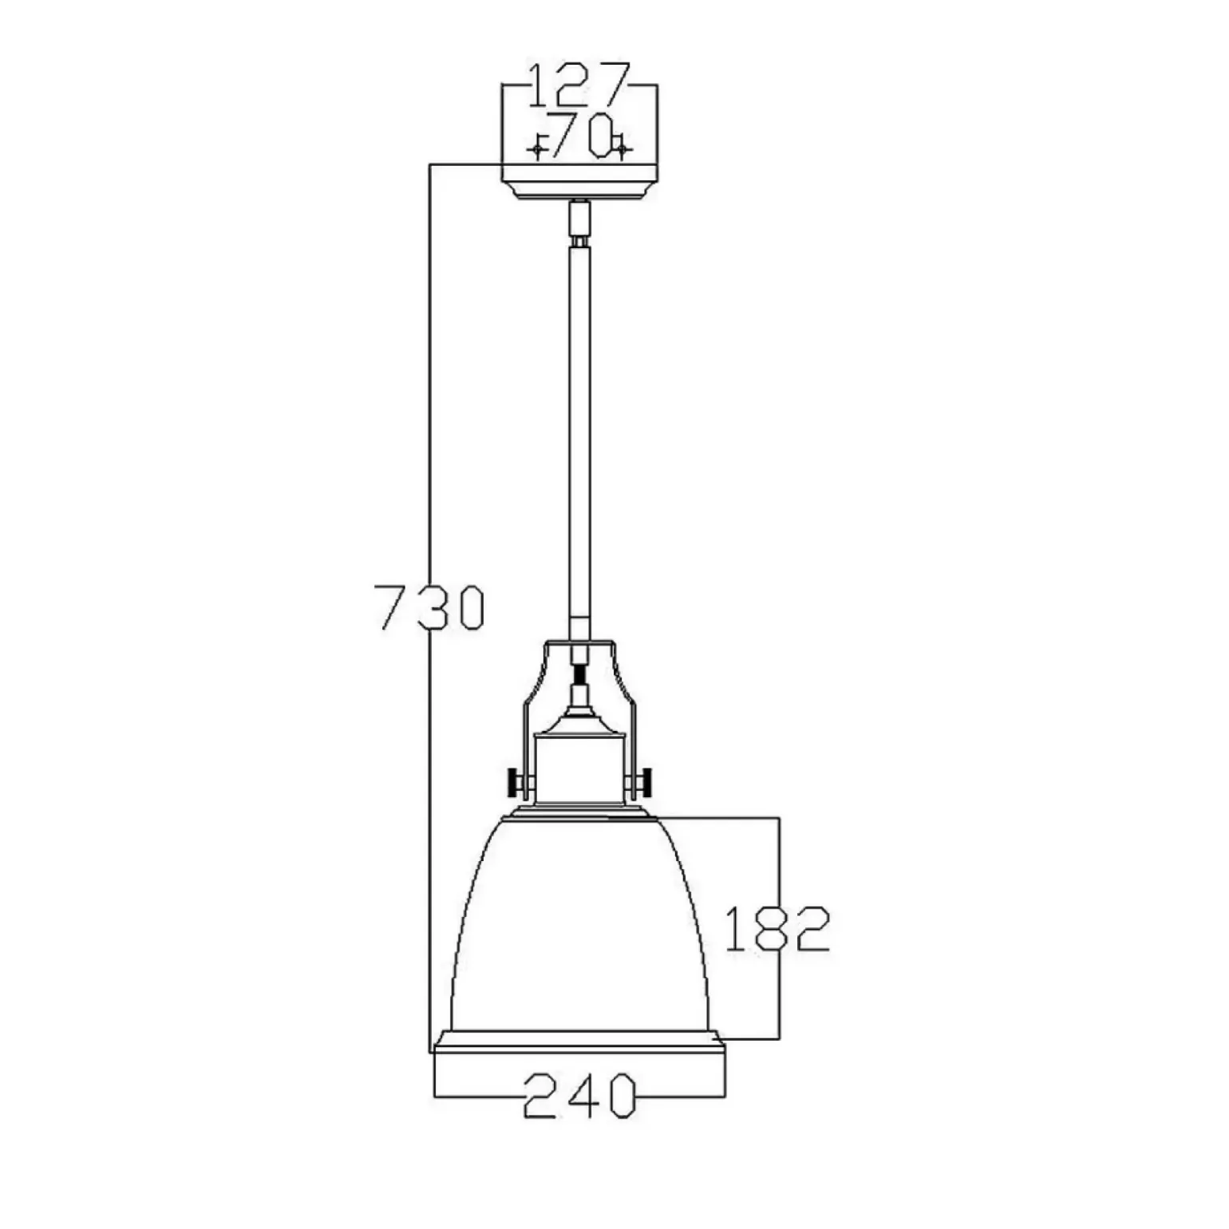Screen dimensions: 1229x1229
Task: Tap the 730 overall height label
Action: pyautogui.click(x=430, y=607)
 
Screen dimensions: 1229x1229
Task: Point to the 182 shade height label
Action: pyautogui.click(x=777, y=928)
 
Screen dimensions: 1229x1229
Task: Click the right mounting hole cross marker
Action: pyautogui.click(x=622, y=148)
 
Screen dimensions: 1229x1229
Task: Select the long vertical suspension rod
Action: pyautogui.click(x=579, y=439)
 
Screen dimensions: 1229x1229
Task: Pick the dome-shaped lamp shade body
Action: pyautogui.click(x=579, y=926)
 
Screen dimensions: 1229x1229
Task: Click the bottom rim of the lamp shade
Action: pyautogui.click(x=579, y=1042)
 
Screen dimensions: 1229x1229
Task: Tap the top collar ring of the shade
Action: pyautogui.click(x=579, y=812)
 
